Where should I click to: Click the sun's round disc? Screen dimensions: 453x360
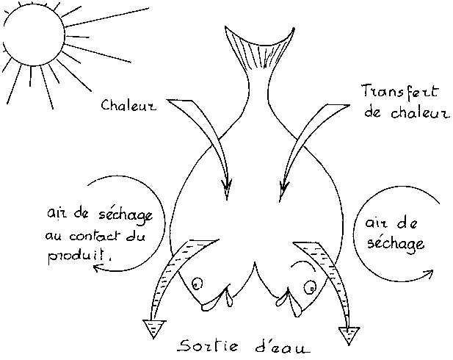point(34,35)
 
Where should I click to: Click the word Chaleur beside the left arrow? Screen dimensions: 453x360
point(128,105)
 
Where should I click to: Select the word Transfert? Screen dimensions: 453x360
point(400,92)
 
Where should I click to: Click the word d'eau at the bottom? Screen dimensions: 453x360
point(283,347)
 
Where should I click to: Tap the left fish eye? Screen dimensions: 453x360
point(197,283)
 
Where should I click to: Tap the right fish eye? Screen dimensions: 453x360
point(310,287)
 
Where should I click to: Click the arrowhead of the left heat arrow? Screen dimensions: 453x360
point(227,190)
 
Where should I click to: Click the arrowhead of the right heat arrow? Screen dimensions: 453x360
point(283,191)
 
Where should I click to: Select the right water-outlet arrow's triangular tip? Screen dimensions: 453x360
point(349,336)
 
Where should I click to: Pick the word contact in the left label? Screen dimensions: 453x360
point(95,236)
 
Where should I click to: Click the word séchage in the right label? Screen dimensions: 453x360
point(396,245)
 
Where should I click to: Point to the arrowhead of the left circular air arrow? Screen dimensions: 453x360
point(98,268)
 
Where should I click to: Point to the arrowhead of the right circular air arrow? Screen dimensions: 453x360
point(429,273)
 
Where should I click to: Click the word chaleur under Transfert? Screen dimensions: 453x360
point(421,112)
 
